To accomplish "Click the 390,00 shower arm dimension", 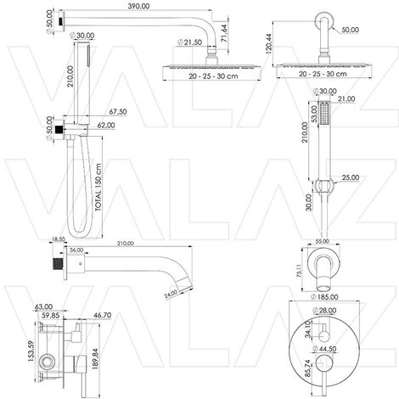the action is click(138, 6).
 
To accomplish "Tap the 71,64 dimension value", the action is click(223, 33).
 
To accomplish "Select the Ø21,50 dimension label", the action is click(189, 42).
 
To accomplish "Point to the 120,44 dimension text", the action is click(268, 43).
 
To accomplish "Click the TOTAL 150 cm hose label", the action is click(98, 188).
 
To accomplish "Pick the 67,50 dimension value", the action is click(118, 112).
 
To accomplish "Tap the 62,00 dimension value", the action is click(106, 125).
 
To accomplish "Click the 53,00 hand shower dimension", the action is click(314, 114).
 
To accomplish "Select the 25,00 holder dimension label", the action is click(351, 177).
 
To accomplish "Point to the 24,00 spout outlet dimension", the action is click(171, 295).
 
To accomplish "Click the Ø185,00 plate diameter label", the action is click(324, 297).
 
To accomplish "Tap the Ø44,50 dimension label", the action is click(324, 349).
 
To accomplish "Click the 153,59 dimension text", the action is click(31, 351).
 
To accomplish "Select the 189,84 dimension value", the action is click(95, 359).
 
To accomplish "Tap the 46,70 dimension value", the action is click(102, 315).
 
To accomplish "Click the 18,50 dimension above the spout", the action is click(59, 239).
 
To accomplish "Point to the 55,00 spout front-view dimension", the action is click(322, 241).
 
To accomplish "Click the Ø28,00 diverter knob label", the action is click(324, 311).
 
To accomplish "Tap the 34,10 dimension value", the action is click(308, 329).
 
